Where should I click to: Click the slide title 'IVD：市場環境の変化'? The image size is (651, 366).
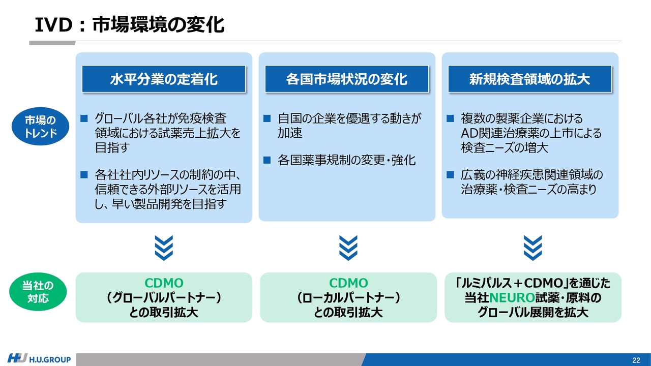(x=129, y=25)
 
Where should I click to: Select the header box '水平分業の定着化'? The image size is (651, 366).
(x=164, y=79)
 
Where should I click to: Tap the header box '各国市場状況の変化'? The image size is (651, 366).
(x=347, y=79)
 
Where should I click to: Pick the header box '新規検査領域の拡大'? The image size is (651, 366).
(x=530, y=79)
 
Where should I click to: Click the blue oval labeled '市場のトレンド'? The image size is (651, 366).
(x=40, y=127)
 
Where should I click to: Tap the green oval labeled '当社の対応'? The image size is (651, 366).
(x=38, y=292)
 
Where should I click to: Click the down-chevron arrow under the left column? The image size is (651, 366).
(x=164, y=248)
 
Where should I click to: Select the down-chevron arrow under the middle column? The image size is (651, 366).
(x=348, y=248)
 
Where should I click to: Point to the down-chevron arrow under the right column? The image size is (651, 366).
(x=532, y=248)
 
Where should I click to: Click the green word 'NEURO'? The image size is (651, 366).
(x=512, y=298)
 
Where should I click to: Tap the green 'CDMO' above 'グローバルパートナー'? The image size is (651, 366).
(x=164, y=283)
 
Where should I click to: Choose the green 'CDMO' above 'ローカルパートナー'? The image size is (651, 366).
(x=348, y=283)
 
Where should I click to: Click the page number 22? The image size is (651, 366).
(x=636, y=360)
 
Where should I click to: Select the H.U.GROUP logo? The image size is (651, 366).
(x=39, y=359)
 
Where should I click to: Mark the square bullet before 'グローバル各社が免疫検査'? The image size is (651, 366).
(x=84, y=118)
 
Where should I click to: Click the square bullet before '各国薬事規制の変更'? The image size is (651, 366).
(x=267, y=160)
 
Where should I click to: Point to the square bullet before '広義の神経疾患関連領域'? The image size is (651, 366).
(x=450, y=174)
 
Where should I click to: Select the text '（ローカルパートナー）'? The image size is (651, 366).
(x=348, y=298)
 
